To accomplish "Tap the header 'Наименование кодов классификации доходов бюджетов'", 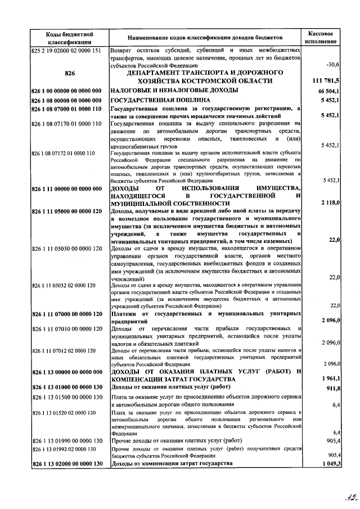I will pyautogui.click(x=205, y=38).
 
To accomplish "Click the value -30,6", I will pyautogui.click(x=331, y=66).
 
